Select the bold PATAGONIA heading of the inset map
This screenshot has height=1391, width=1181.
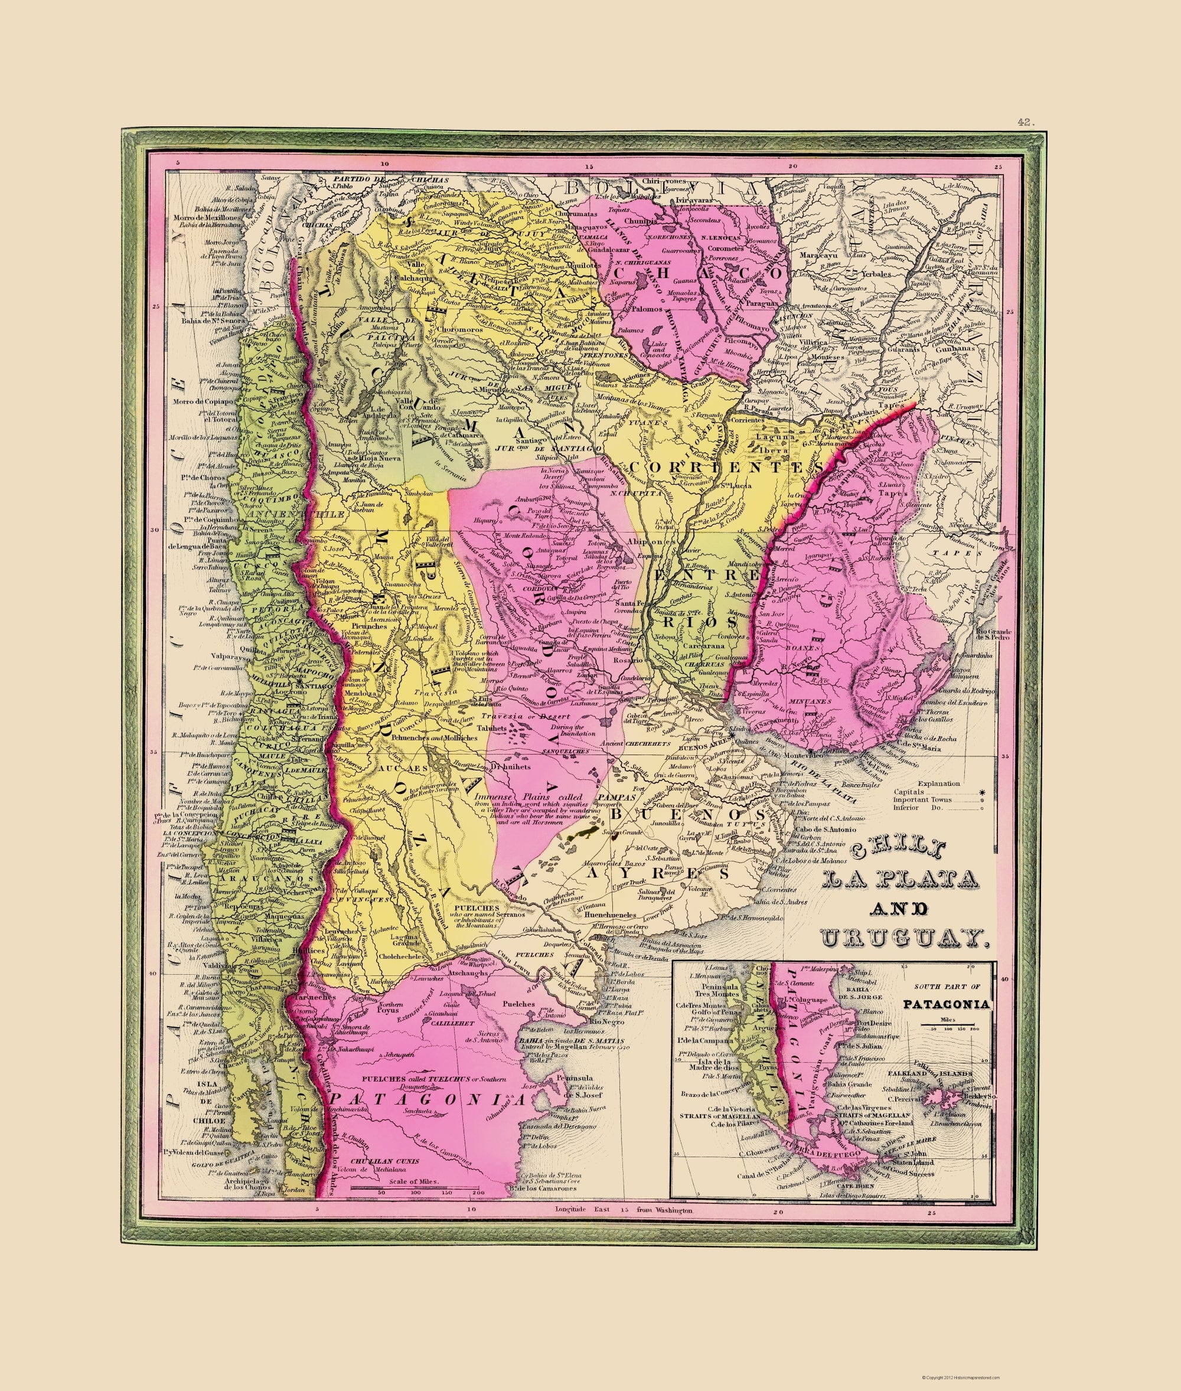[x=945, y=1004]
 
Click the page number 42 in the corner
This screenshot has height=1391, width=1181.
[x=1025, y=122]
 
